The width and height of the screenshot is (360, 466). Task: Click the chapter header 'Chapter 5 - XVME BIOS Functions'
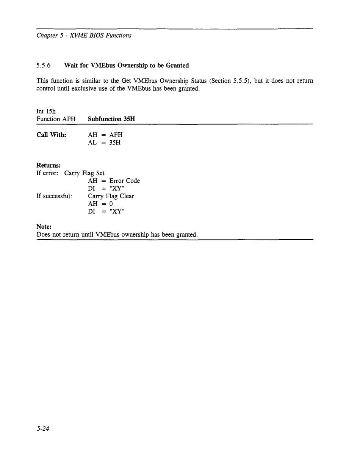[x=84, y=36]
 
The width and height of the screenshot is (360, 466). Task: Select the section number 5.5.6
[x=44, y=66]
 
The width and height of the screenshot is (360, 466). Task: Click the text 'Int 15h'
[x=46, y=111]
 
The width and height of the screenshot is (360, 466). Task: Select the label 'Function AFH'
[x=56, y=119]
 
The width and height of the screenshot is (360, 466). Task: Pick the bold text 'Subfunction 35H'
[x=111, y=119]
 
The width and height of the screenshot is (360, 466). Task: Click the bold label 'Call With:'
[x=51, y=135]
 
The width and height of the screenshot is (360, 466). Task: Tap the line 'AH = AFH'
[x=105, y=135]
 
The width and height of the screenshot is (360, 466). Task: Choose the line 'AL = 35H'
[x=104, y=143]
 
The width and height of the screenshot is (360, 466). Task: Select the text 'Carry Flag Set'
[x=84, y=173]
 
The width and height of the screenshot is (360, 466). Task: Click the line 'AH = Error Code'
[x=114, y=181]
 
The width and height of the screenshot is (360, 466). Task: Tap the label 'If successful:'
[x=54, y=196]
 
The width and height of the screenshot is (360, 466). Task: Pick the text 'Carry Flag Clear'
[x=111, y=196]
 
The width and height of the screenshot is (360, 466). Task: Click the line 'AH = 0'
[x=100, y=204]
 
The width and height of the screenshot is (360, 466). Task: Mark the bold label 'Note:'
[x=44, y=227]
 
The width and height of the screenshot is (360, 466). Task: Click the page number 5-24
[x=43, y=429]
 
